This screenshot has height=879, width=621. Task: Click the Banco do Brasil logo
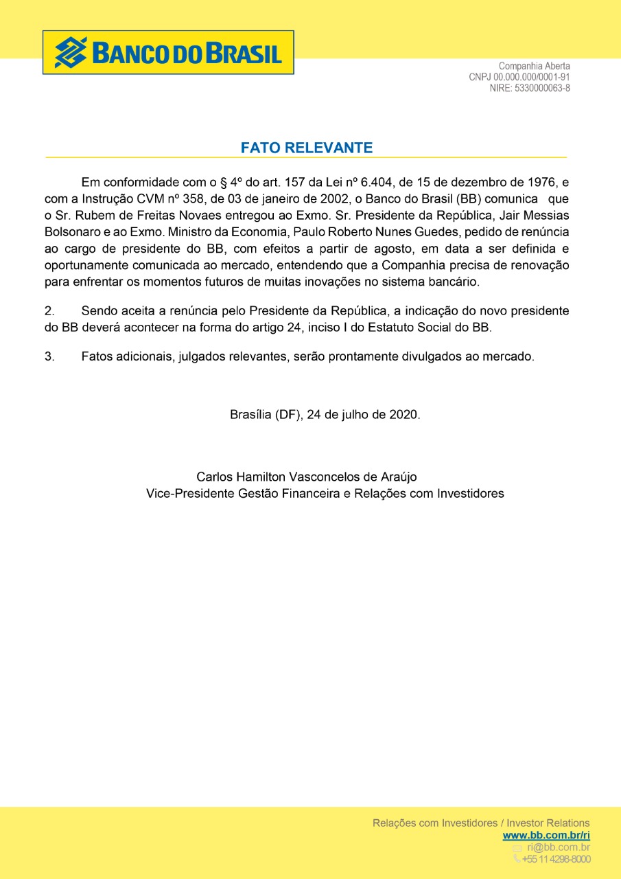click(168, 52)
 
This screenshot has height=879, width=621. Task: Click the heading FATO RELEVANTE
click(306, 148)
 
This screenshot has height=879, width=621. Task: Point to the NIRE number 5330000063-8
click(542, 88)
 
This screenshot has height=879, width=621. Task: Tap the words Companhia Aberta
click(534, 67)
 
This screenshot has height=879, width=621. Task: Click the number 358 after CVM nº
click(185, 199)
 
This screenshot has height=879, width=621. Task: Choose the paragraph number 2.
click(49, 311)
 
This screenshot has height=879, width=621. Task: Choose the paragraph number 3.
click(49, 356)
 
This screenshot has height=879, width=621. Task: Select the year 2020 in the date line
click(403, 415)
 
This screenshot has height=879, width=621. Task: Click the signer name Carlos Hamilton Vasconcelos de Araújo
click(306, 477)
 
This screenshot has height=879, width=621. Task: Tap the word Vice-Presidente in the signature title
click(189, 493)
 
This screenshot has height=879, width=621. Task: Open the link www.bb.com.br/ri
click(546, 835)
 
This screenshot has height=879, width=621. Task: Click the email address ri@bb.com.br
click(558, 847)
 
